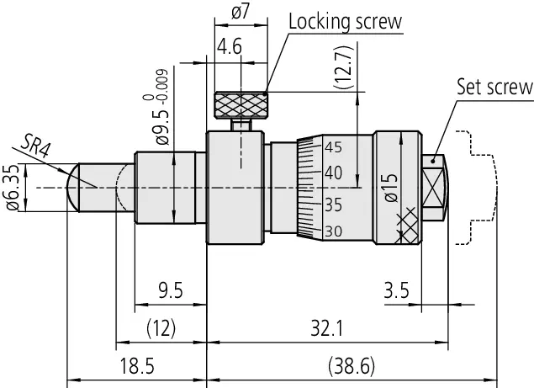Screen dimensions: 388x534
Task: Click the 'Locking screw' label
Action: point(345,21)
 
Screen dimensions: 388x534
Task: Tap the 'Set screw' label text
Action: point(494,86)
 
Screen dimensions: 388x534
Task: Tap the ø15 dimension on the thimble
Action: point(388,188)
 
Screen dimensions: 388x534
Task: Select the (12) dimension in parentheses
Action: point(160,327)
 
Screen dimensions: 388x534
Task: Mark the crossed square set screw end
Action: point(434,187)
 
